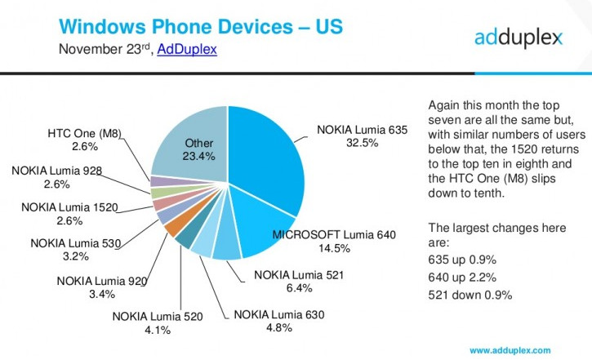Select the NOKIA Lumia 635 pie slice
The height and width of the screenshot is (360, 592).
269,163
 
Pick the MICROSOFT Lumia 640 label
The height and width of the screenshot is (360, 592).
334,235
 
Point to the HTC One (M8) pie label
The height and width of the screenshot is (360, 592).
85,133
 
